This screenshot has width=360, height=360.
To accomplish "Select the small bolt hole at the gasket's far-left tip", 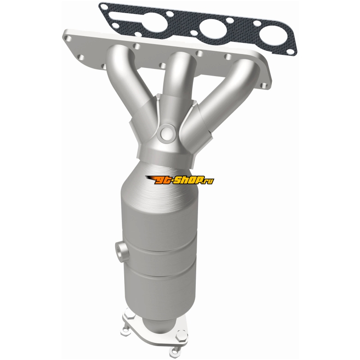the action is click(104, 6).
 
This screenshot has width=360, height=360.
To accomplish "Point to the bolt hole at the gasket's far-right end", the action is click(290, 51).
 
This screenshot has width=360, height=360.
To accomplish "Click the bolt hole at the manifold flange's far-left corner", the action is click(68, 38).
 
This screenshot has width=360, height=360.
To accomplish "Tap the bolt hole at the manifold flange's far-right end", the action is click(265, 85).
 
